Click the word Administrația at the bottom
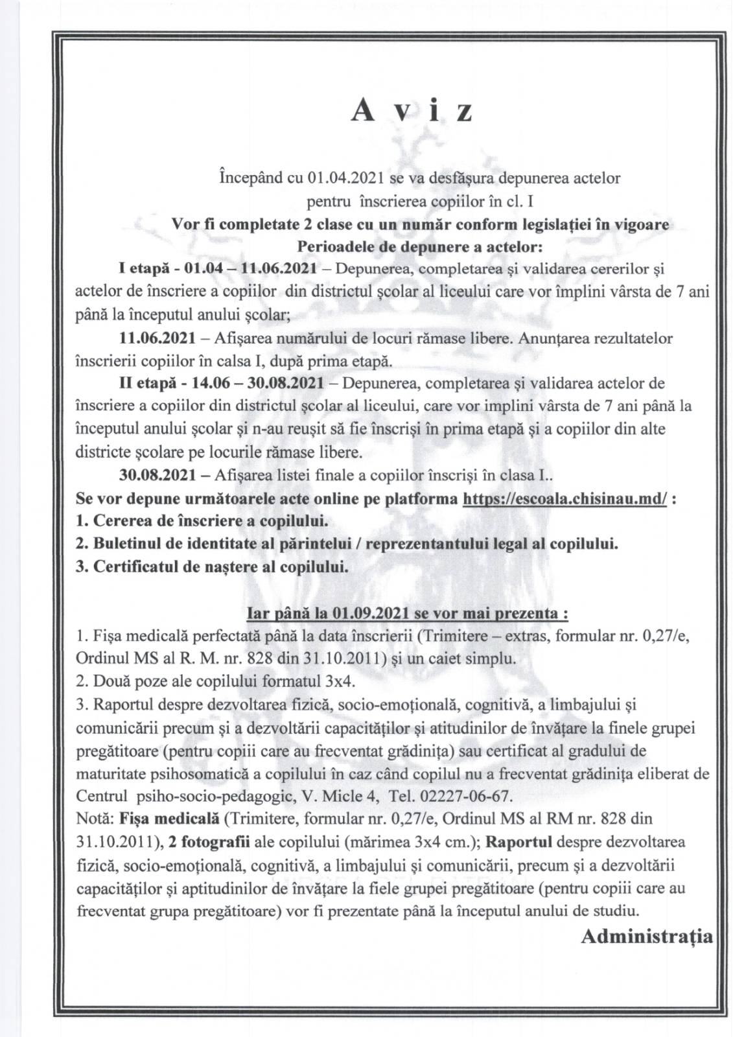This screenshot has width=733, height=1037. click(647, 935)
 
